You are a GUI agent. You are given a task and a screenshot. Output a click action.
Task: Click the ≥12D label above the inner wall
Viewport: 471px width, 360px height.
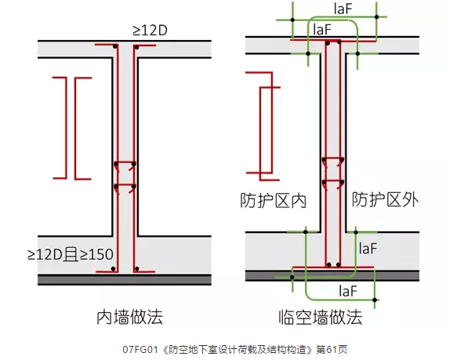[153, 30]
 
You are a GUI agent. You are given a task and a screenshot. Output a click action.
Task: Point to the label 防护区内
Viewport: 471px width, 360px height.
[272, 200]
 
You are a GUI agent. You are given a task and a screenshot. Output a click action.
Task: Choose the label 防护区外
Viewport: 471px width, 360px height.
[385, 199]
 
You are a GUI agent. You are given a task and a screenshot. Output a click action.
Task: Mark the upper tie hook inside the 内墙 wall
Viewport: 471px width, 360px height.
[125, 165]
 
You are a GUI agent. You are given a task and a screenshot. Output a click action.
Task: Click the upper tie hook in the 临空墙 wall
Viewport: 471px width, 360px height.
[333, 161]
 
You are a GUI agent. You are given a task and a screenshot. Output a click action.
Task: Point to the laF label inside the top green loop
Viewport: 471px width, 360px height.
[322, 28]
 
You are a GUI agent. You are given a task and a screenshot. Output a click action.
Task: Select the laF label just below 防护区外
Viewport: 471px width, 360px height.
[369, 248]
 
